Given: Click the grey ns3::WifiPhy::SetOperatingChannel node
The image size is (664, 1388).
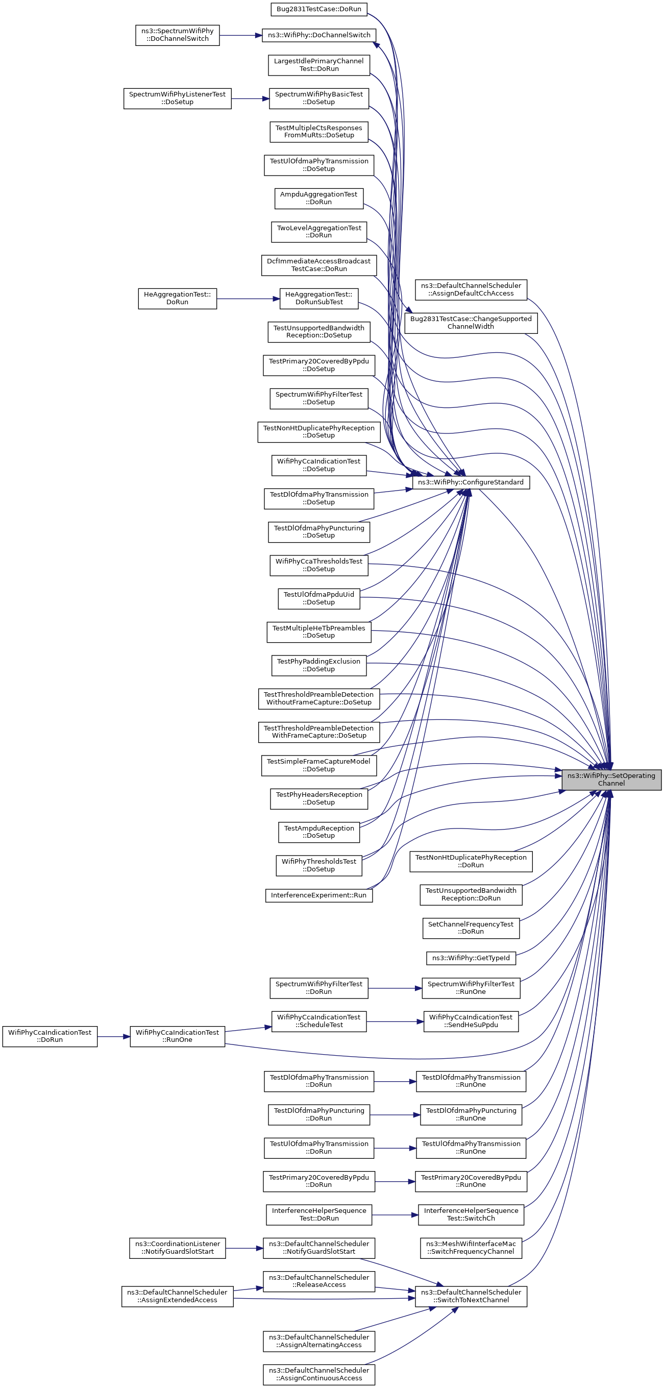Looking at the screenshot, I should point(611,779).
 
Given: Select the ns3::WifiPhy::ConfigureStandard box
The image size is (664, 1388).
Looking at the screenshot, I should point(470,482).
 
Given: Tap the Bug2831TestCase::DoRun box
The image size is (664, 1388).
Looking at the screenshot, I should point(319,9).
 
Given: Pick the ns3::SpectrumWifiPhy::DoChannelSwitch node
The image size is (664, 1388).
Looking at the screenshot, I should point(177,35).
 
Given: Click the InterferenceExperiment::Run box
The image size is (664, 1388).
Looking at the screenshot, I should point(318,895).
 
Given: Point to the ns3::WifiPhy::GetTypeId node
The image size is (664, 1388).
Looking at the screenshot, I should point(471,958).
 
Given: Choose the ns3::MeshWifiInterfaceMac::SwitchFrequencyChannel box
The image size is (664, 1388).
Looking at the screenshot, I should point(471,1248).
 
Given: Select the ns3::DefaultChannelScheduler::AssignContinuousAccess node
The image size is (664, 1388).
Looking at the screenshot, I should point(319,1374).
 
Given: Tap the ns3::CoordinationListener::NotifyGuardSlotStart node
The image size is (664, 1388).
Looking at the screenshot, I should point(177,1248).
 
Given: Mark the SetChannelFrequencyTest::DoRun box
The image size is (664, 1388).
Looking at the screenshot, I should point(471,928).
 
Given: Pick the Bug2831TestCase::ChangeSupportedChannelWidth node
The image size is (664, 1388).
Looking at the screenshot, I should point(471,323).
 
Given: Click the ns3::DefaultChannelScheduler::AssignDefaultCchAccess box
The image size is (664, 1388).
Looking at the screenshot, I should point(471,289).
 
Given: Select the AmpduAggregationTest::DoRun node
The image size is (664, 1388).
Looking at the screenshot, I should point(319,198).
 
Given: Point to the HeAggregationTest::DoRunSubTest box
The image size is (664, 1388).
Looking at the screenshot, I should point(319,298).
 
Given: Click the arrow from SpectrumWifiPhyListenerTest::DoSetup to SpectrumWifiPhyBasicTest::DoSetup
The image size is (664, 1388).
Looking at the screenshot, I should point(250,99).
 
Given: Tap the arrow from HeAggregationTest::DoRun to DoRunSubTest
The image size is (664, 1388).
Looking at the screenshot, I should point(248,299).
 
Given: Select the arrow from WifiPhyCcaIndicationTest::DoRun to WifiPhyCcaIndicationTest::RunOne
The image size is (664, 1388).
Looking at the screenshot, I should point(113,1036).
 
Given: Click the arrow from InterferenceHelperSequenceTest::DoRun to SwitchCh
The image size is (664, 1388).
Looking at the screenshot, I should point(395,1215).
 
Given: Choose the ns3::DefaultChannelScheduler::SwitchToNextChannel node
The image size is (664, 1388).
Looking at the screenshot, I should point(471,1296).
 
